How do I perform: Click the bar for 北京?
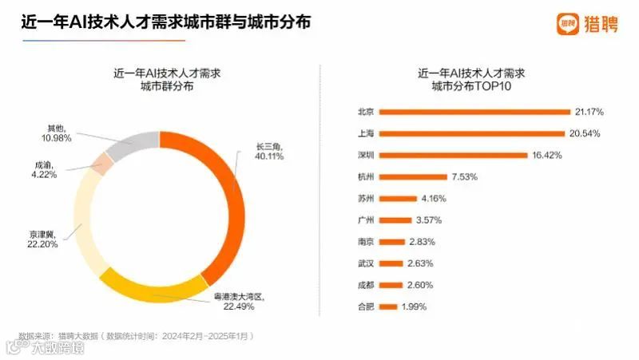click(474, 111)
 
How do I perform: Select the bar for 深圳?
click(453, 155)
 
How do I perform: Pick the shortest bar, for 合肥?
click(388, 307)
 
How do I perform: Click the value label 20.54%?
click(585, 133)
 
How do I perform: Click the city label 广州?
click(367, 220)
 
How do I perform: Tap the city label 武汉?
click(367, 263)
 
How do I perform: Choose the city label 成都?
click(367, 285)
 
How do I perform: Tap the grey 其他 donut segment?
click(132, 145)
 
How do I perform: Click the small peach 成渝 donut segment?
click(101, 164)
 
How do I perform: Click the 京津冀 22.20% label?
click(45, 239)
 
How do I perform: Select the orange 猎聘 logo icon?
click(568, 24)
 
